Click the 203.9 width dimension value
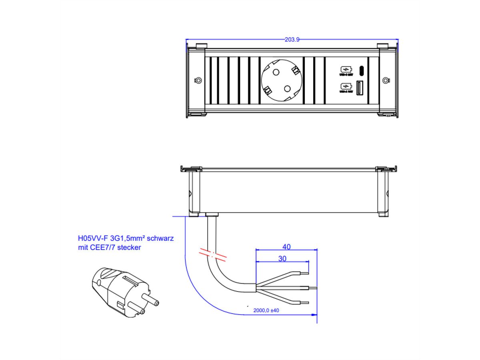tap(292, 40)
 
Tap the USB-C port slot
tap(361, 71)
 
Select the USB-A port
tap(359, 88)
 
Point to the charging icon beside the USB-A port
tap(346, 86)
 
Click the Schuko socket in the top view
tap(281, 80)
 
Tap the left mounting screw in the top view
tap(198, 80)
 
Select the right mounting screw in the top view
tap(385, 80)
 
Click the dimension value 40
tap(286, 247)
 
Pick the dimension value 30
tap(282, 259)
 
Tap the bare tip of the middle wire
tap(312, 288)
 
